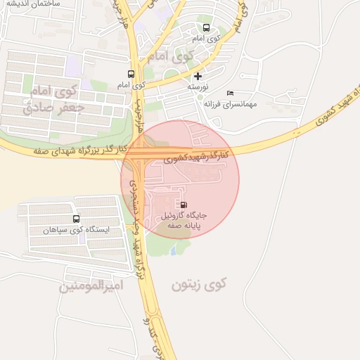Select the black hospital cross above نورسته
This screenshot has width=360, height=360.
tap(198, 75)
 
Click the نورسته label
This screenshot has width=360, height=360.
tap(199, 86)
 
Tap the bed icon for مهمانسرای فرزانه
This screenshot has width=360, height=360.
tap(230, 94)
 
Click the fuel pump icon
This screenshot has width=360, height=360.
tap(184, 205)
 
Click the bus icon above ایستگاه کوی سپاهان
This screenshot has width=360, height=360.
tap(76, 219)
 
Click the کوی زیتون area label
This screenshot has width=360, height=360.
tap(200, 284)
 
